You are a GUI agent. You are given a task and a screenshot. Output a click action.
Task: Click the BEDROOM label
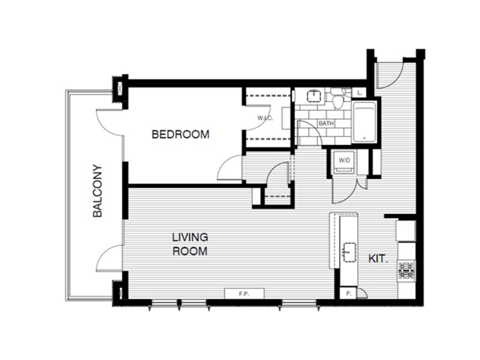[x=181, y=134]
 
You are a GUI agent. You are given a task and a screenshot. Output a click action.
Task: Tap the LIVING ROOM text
[x=190, y=244]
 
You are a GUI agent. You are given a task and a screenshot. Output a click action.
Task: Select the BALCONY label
[x=98, y=191]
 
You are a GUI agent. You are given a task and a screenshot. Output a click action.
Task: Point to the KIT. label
[x=378, y=259]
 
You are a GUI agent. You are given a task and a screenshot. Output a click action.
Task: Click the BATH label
[x=326, y=124]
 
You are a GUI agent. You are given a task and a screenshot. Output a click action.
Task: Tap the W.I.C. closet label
[x=265, y=118]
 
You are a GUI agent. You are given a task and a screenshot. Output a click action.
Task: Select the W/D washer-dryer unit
[x=344, y=161]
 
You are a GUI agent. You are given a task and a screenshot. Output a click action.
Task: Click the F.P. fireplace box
[x=244, y=294]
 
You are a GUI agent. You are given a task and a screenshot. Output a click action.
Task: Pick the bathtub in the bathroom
[x=364, y=122]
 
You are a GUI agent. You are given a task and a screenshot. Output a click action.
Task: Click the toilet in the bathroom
[x=338, y=100]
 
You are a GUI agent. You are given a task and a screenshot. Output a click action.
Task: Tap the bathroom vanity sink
[x=313, y=95]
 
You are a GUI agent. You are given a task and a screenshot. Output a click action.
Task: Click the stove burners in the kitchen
[x=406, y=271]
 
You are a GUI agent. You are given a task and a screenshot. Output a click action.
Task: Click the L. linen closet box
[x=358, y=93]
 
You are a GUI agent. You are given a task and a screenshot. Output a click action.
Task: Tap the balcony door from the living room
[x=110, y=259]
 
